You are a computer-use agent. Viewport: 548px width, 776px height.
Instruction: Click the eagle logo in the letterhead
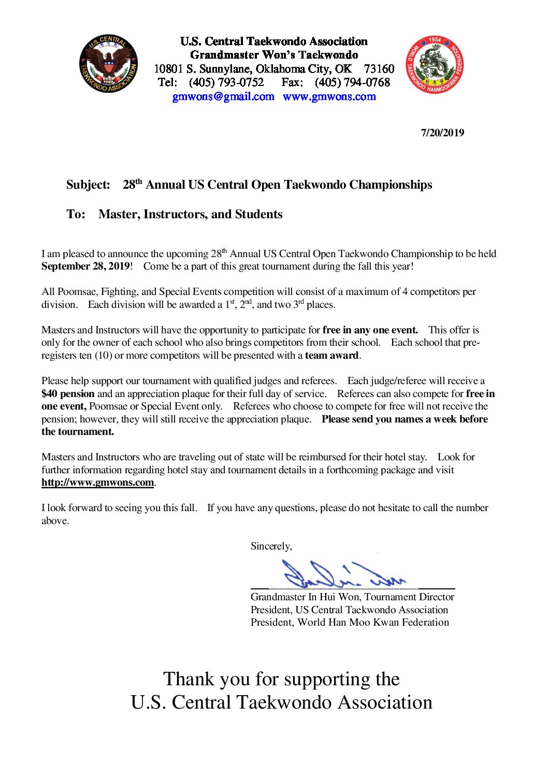click(108, 64)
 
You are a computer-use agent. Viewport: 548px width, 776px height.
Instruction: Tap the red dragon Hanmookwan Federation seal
click(435, 65)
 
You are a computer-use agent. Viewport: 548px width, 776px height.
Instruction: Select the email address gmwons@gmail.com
click(223, 96)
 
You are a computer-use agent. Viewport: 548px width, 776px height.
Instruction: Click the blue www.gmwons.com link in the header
click(329, 96)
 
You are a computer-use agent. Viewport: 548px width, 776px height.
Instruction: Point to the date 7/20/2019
click(442, 133)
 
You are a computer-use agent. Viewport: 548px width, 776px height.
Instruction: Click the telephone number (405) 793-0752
click(226, 82)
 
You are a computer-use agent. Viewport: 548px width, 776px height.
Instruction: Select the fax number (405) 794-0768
click(352, 82)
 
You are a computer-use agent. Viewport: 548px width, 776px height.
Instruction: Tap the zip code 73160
click(379, 69)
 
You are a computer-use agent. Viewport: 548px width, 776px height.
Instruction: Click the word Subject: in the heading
click(88, 185)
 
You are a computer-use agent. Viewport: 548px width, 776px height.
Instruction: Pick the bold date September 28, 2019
click(85, 266)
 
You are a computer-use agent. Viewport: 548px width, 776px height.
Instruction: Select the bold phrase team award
click(331, 356)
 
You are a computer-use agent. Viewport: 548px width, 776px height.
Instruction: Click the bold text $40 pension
click(68, 394)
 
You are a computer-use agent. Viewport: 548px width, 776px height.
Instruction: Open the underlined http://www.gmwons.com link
click(97, 483)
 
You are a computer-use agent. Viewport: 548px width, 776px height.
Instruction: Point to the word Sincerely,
click(271, 546)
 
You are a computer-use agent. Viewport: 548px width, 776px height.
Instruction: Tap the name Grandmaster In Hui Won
click(305, 597)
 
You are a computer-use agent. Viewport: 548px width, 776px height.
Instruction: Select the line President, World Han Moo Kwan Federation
click(350, 623)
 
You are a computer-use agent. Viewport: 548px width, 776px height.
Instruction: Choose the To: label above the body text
click(76, 215)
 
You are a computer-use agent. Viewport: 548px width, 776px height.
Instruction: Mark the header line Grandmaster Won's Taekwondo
click(274, 55)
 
